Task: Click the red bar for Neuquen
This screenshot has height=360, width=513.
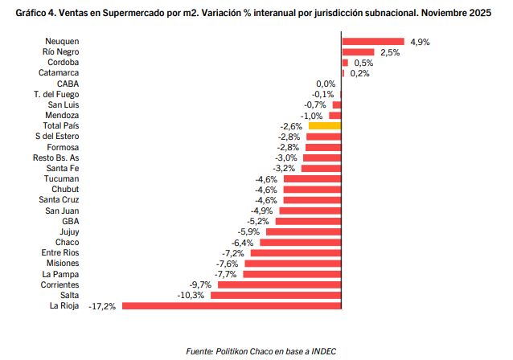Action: (x=373, y=41)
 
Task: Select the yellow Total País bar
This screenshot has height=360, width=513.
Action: (x=325, y=126)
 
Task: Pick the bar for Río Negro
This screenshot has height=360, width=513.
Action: (x=358, y=52)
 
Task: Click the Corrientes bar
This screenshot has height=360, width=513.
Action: (x=279, y=284)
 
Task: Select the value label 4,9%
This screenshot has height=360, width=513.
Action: (x=420, y=41)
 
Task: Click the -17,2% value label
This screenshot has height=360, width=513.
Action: (x=103, y=306)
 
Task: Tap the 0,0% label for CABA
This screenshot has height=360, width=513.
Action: (x=326, y=84)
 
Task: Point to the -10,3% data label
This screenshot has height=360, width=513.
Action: (x=191, y=295)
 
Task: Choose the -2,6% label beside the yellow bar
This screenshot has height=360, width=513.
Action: (x=291, y=126)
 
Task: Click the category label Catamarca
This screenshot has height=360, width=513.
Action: (x=58, y=73)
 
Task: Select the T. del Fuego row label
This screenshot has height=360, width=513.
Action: (x=56, y=94)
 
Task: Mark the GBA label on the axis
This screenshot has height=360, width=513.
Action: (x=70, y=221)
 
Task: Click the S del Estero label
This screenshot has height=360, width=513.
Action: (x=57, y=137)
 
